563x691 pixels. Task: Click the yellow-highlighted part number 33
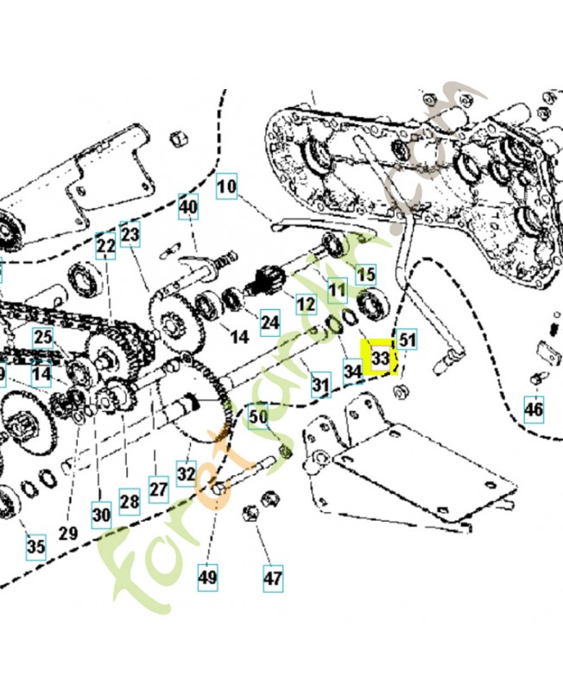click(380, 357)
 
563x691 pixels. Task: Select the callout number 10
click(225, 186)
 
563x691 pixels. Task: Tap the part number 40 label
click(188, 207)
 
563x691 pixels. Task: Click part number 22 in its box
click(105, 247)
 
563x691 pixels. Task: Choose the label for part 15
click(366, 275)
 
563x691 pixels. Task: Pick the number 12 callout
click(306, 304)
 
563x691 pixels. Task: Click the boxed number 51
click(407, 340)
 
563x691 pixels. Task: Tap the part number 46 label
click(535, 408)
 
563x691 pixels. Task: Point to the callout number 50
click(258, 417)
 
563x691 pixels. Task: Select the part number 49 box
click(208, 577)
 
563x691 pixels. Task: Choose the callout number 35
click(35, 546)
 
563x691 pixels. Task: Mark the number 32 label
click(187, 473)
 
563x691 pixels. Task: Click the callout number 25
click(42, 337)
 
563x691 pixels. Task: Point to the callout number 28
click(129, 501)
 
